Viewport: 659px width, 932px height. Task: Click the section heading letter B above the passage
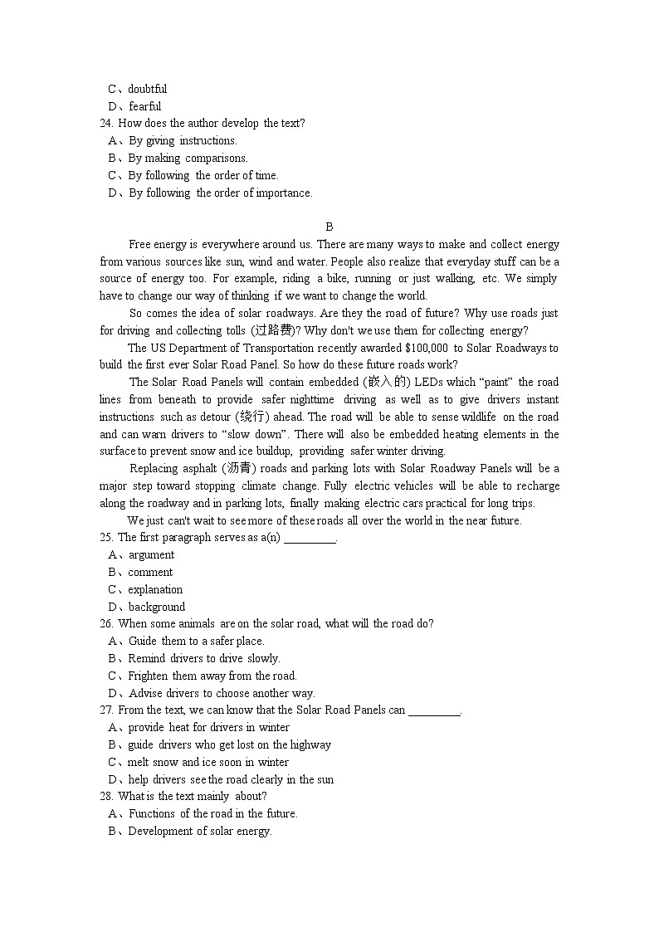coord(329,227)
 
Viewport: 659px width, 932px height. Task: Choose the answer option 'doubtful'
coord(147,89)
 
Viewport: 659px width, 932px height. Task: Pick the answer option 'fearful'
coord(144,106)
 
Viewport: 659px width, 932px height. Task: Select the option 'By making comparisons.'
coord(188,158)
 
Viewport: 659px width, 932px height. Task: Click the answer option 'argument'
coord(151,555)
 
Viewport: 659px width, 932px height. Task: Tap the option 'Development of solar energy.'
coord(200,832)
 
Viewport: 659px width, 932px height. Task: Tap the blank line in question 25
coord(310,539)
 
